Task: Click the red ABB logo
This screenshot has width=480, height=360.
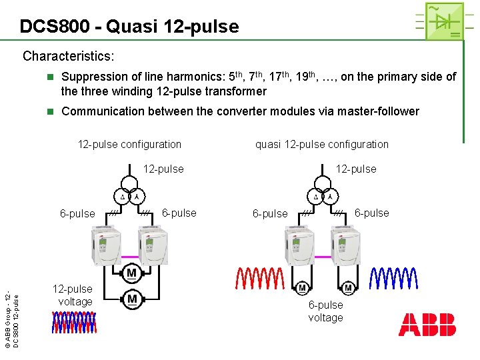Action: [x=427, y=325]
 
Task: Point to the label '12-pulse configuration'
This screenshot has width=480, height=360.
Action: [x=129, y=144]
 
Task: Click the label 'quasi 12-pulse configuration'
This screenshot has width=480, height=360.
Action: [x=322, y=144]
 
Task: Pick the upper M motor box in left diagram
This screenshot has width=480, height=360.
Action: [x=131, y=273]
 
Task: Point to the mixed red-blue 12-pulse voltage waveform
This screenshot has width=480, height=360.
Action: [x=75, y=323]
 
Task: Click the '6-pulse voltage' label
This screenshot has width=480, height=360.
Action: [x=325, y=311]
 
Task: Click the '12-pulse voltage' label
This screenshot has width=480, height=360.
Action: [x=73, y=295]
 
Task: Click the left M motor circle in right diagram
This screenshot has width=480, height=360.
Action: [x=303, y=288]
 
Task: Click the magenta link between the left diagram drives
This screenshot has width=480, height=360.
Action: [x=129, y=257]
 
